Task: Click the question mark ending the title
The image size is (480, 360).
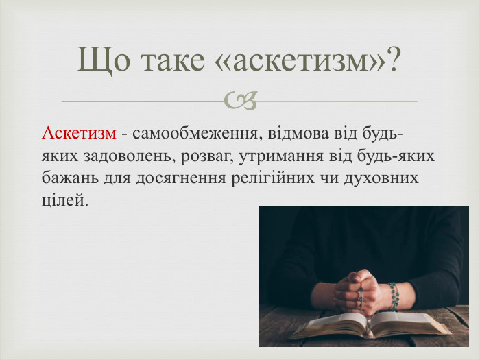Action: click(x=392, y=58)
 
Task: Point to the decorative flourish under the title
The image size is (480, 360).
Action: click(x=240, y=100)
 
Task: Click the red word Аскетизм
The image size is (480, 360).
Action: click(x=79, y=133)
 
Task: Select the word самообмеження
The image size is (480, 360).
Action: click(x=195, y=134)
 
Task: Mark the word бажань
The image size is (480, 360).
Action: click(x=70, y=178)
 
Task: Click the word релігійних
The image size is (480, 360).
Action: click(x=272, y=178)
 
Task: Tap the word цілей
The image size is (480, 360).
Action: click(x=65, y=200)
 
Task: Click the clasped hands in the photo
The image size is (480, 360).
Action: click(x=357, y=291)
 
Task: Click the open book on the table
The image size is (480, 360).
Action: click(x=370, y=325)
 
